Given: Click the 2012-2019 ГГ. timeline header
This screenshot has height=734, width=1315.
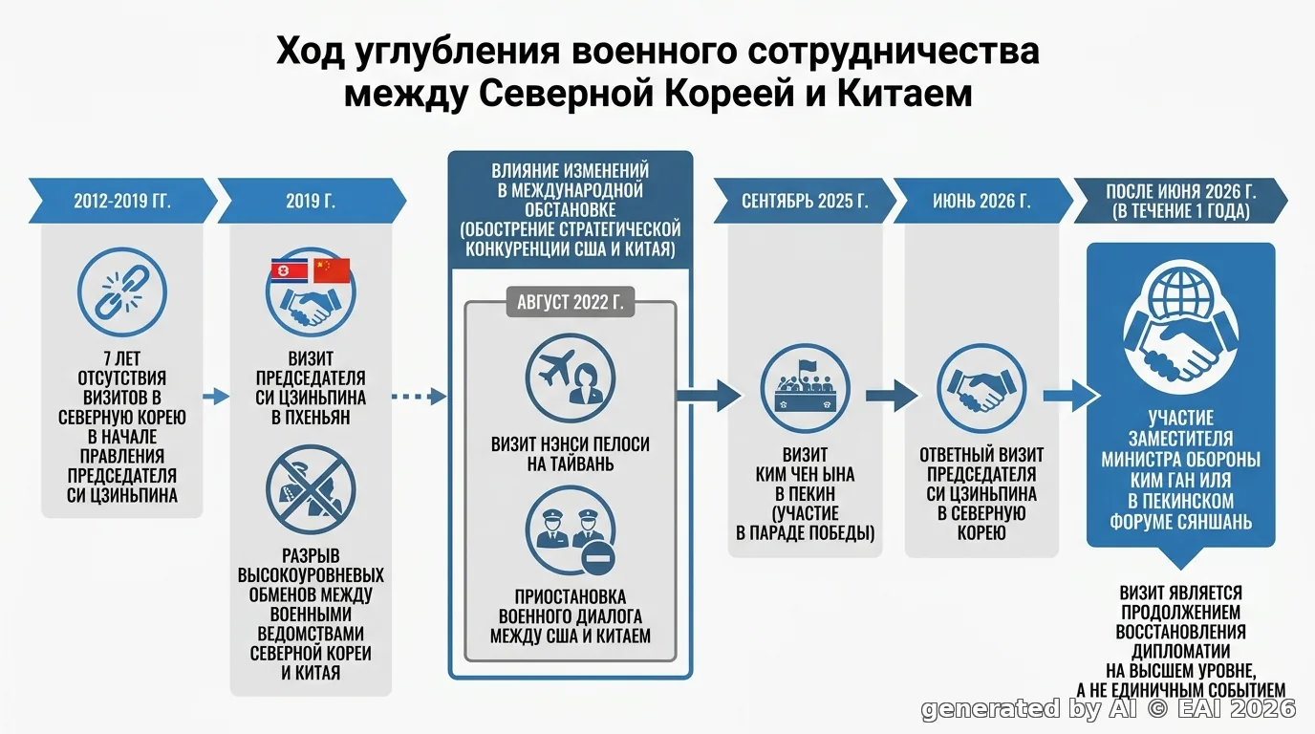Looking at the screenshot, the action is coord(122,201).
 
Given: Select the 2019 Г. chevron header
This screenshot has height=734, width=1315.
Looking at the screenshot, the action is coord(312,201).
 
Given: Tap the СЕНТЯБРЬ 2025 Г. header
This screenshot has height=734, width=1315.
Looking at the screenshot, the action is coord(805,201).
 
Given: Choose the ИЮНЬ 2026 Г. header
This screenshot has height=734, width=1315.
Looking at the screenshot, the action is coord(982,201).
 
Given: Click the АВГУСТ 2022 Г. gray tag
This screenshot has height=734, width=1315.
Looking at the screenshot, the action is coord(570,302).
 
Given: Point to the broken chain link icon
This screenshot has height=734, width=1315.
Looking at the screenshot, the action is coord(122,292).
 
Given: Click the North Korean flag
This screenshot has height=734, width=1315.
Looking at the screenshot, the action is coord(289,270).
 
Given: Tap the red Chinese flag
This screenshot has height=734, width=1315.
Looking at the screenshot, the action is coord(332,270).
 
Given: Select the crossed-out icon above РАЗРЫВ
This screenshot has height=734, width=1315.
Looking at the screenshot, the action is coord(311,489).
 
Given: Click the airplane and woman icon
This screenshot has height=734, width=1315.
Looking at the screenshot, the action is coord(570,378).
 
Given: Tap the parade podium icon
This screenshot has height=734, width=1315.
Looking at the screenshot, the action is coord(805,388).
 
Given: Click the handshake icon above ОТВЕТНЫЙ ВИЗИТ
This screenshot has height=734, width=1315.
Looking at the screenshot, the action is coord(981,388).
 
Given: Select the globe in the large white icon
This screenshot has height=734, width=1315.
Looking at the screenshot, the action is coord(1181,292).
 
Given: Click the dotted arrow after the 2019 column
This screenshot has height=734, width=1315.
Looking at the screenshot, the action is coord(419,397).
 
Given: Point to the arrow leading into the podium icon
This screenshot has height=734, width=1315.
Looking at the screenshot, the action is coord(708,397).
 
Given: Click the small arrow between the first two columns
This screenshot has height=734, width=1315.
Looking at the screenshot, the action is coord(215,397).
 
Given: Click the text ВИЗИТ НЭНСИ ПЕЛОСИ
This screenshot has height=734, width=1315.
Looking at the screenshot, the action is coord(570,444).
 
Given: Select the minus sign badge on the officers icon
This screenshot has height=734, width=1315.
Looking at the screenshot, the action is coord(597,558).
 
